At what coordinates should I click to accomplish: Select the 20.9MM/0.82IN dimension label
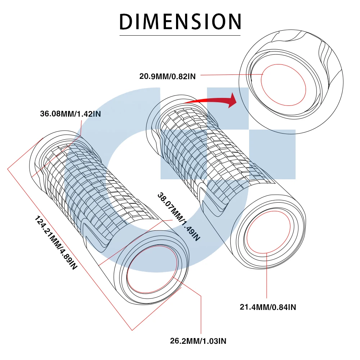[168, 76]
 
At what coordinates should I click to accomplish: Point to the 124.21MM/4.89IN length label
[56, 243]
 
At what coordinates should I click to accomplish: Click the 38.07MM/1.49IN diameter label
[178, 216]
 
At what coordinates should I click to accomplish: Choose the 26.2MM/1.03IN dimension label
[198, 341]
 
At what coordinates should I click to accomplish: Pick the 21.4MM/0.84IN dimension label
[268, 307]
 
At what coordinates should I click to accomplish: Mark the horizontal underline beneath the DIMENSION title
[180, 35]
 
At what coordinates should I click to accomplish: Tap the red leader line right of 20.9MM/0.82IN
[230, 75]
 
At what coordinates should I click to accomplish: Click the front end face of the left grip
[153, 268]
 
